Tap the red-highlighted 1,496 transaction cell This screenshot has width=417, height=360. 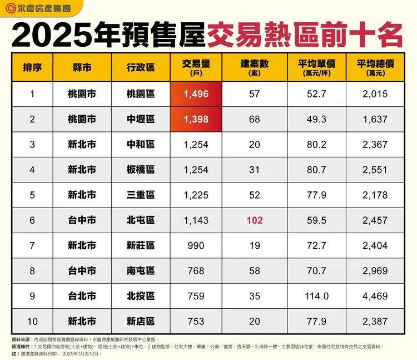coord(196,94)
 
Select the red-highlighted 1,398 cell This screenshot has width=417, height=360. coord(196,119)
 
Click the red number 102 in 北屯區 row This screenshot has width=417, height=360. coord(255,220)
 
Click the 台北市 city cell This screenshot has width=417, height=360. coord(82,296)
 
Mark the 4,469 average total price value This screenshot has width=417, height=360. coord(375,296)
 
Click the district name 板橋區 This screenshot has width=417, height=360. coord(141,170)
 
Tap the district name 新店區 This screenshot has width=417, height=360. coord(141,321)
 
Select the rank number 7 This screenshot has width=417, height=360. coord(32,245)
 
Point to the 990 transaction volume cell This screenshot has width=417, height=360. coord(196,245)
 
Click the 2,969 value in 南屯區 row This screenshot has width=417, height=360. coord(375,271)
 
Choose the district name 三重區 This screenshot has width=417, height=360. coord(141,195)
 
